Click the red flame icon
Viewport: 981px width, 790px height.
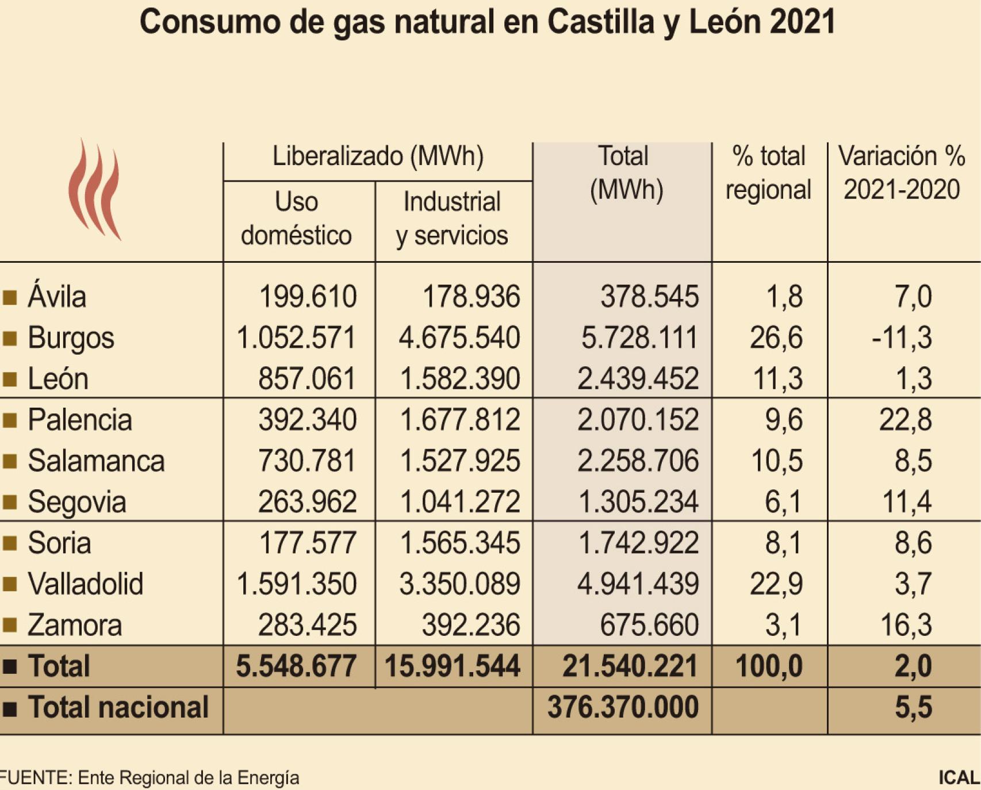pyautogui.click(x=94, y=190)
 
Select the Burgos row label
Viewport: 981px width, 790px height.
pyautogui.click(x=71, y=338)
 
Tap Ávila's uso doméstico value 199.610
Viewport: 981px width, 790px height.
pyautogui.click(x=308, y=297)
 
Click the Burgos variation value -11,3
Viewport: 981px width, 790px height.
pyautogui.click(x=901, y=338)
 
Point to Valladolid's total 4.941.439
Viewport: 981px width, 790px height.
pyautogui.click(x=638, y=584)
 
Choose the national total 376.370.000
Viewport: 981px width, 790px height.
pyautogui.click(x=623, y=707)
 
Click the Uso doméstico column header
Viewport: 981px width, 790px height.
pyautogui.click(x=296, y=218)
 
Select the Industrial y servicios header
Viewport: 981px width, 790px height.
pyautogui.click(x=452, y=218)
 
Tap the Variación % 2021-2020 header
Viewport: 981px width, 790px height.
pyautogui.click(x=901, y=172)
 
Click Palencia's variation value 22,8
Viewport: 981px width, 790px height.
pyautogui.click(x=905, y=420)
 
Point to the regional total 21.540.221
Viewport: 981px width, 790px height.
pyautogui.click(x=630, y=666)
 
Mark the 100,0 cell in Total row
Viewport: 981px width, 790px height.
pyautogui.click(x=769, y=666)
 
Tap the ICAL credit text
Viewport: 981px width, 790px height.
pyautogui.click(x=959, y=777)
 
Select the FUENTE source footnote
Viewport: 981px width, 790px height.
pyautogui.click(x=150, y=777)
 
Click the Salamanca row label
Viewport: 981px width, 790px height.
pyautogui.click(x=96, y=461)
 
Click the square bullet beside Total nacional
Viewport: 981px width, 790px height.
pyautogui.click(x=10, y=708)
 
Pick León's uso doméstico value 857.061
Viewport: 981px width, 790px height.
pyautogui.click(x=307, y=379)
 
